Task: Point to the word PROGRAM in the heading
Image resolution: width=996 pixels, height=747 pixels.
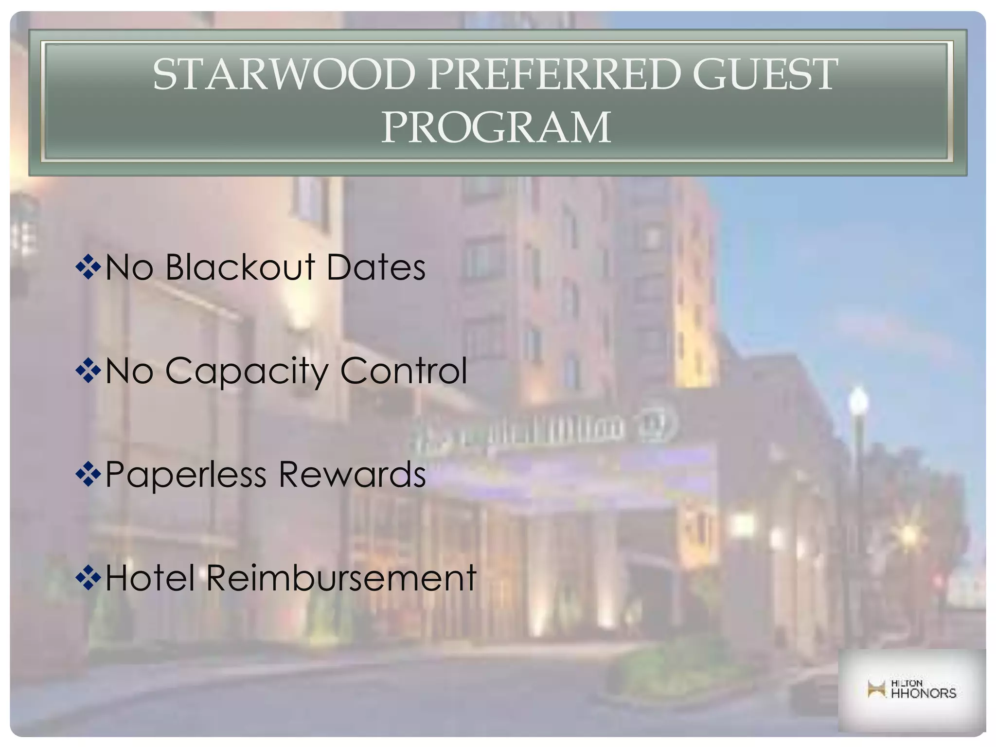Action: pyautogui.click(x=496, y=127)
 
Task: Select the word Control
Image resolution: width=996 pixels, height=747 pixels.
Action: pyautogui.click(x=404, y=371)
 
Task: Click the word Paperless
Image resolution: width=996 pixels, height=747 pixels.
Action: pyautogui.click(x=186, y=475)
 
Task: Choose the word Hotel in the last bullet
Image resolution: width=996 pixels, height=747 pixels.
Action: pyautogui.click(x=150, y=578)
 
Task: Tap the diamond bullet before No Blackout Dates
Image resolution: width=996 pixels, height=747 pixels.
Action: pyautogui.click(x=88, y=267)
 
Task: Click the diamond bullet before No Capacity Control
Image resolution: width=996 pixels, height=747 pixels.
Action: pyautogui.click(x=88, y=371)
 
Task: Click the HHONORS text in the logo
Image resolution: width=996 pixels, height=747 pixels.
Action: pyautogui.click(x=923, y=693)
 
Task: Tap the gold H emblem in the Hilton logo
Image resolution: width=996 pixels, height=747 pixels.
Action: pyautogui.click(x=876, y=689)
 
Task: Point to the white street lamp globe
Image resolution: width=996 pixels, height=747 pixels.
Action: pyautogui.click(x=858, y=401)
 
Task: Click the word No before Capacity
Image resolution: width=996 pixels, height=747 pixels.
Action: pyautogui.click(x=129, y=371)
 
